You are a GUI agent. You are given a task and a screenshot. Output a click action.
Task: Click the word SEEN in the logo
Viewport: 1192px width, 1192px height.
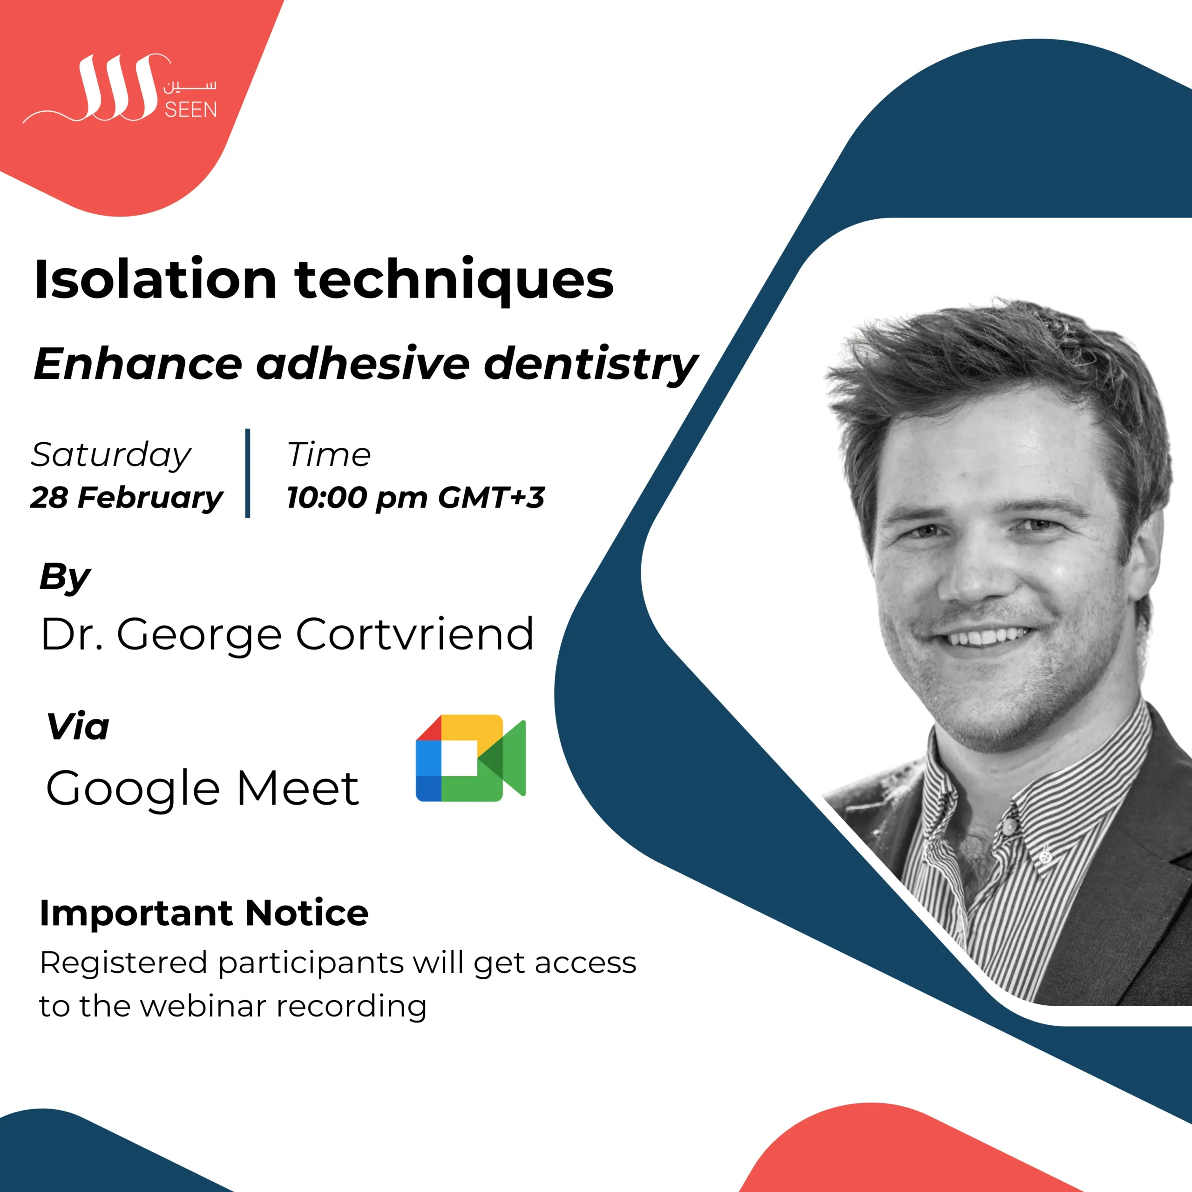(x=190, y=110)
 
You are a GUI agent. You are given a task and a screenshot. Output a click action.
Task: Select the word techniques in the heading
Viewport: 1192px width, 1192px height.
(x=455, y=281)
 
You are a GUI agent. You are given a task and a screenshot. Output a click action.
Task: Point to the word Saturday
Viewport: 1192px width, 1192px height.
(x=111, y=456)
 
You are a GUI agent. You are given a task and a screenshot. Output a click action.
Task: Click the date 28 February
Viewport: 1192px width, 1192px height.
(x=127, y=497)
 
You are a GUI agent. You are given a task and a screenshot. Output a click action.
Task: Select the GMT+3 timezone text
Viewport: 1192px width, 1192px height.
(x=491, y=497)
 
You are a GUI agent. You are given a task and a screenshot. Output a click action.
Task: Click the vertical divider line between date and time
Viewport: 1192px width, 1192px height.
(x=247, y=473)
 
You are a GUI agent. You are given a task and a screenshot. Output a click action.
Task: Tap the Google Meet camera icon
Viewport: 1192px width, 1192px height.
(x=471, y=758)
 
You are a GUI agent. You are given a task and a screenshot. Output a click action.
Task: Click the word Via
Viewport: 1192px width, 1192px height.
(x=78, y=726)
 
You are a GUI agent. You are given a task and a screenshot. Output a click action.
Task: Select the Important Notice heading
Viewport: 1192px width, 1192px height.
(x=204, y=913)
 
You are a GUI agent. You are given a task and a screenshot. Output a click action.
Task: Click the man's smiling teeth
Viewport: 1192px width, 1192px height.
(x=989, y=636)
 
